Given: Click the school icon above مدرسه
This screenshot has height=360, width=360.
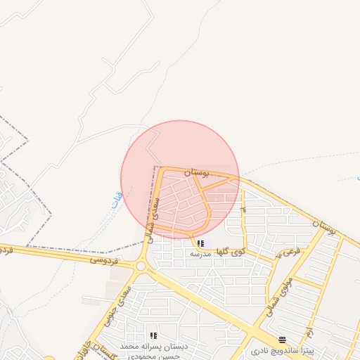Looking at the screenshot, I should pyautogui.click(x=201, y=243).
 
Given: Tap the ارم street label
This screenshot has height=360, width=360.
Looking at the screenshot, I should pyautogui.click(x=307, y=330).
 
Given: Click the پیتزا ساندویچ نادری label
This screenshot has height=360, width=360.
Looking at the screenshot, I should pyautogui.click(x=283, y=349).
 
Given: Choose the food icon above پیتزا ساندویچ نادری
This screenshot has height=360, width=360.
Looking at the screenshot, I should pyautogui.click(x=283, y=339).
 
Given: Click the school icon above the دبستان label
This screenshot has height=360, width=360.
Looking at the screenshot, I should pyautogui.click(x=153, y=335).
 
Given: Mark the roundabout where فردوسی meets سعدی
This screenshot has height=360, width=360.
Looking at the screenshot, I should pyautogui.click(x=141, y=266).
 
